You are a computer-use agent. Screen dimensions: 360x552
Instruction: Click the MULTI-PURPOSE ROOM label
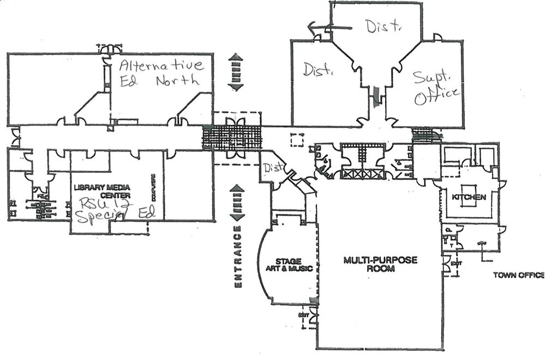(380, 264)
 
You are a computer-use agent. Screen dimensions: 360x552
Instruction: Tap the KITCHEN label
(469, 196)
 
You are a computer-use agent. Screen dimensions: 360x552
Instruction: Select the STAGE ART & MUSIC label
(289, 265)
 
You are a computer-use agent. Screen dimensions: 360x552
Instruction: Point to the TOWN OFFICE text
(518, 275)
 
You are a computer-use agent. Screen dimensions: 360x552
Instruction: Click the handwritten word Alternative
(161, 66)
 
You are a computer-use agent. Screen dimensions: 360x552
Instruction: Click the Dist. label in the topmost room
(383, 26)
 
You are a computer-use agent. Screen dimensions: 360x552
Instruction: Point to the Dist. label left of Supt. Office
(318, 70)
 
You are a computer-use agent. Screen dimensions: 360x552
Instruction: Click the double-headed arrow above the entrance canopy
(236, 71)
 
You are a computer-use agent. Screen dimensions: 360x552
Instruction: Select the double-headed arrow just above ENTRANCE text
(237, 202)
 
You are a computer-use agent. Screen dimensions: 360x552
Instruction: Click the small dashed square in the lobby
(297, 140)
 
